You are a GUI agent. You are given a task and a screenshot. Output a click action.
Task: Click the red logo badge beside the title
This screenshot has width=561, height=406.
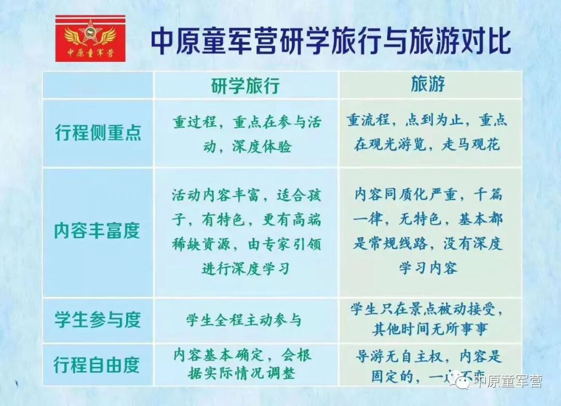(x=90, y=38)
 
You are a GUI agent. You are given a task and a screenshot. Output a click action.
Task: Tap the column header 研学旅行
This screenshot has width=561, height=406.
(x=245, y=86)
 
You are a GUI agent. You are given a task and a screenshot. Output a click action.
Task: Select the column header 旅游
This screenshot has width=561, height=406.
(x=428, y=84)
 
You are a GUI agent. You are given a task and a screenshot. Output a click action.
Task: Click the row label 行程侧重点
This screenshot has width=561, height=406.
(x=98, y=133)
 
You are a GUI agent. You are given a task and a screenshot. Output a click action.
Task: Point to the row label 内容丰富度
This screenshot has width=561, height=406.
(x=97, y=231)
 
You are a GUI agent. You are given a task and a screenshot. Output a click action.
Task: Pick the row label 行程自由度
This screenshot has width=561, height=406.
(x=97, y=365)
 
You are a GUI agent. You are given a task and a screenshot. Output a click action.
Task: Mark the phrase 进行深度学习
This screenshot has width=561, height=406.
(x=246, y=269)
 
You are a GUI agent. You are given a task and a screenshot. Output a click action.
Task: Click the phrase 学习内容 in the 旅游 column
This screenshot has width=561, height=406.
(x=428, y=268)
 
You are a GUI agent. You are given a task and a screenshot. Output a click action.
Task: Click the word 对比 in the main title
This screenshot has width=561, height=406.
(x=489, y=42)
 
